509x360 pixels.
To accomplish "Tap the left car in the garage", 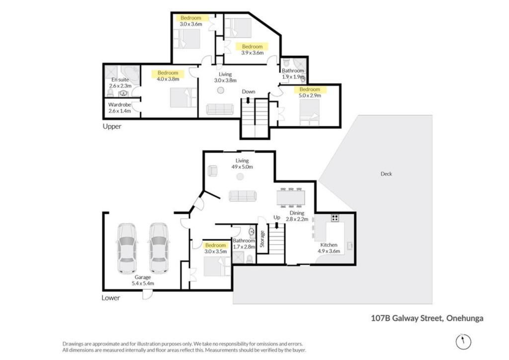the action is click(x=127, y=248).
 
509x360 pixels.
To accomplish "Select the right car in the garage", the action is click(x=159, y=248).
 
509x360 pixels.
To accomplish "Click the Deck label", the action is click(x=386, y=174).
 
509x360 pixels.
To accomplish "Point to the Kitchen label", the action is click(x=329, y=245).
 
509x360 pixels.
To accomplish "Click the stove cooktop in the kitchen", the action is click(x=335, y=218).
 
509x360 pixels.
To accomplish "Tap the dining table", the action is click(x=291, y=197).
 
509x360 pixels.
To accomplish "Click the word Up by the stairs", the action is click(x=276, y=217).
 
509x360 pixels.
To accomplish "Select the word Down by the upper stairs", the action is click(x=249, y=91).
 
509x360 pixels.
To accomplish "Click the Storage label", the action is click(x=262, y=239).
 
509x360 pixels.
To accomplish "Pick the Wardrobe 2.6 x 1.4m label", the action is click(x=119, y=108).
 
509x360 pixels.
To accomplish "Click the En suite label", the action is click(x=120, y=80).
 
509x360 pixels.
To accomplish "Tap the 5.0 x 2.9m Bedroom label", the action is click(x=310, y=92).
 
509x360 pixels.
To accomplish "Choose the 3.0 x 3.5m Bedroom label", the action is click(x=216, y=248).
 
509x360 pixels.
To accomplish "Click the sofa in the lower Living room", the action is click(x=243, y=196).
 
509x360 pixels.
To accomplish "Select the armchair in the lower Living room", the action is click(x=213, y=171).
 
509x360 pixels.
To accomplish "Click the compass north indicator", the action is click(x=463, y=341).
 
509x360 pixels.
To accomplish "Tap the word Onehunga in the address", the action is click(x=465, y=318).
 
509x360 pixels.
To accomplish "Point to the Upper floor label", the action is click(x=112, y=126).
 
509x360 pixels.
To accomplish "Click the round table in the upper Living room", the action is click(x=221, y=90).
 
